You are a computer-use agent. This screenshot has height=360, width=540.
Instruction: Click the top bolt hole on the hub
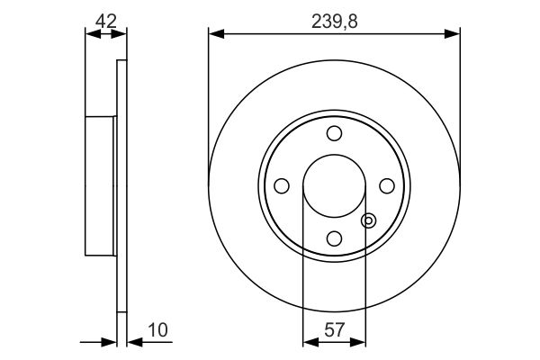(x=334, y=134)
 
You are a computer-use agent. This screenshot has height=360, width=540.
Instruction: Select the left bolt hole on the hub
(x=281, y=185)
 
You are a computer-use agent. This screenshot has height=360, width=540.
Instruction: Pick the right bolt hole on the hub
(x=387, y=185)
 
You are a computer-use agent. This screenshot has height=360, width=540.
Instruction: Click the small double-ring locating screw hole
(x=366, y=220)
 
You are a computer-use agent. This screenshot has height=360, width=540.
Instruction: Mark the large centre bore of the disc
(x=334, y=185)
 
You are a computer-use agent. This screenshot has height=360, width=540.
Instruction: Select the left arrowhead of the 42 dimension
(x=89, y=34)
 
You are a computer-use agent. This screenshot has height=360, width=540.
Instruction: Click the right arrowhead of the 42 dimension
(x=122, y=34)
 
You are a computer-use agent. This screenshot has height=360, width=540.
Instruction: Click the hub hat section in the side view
(x=101, y=185)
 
